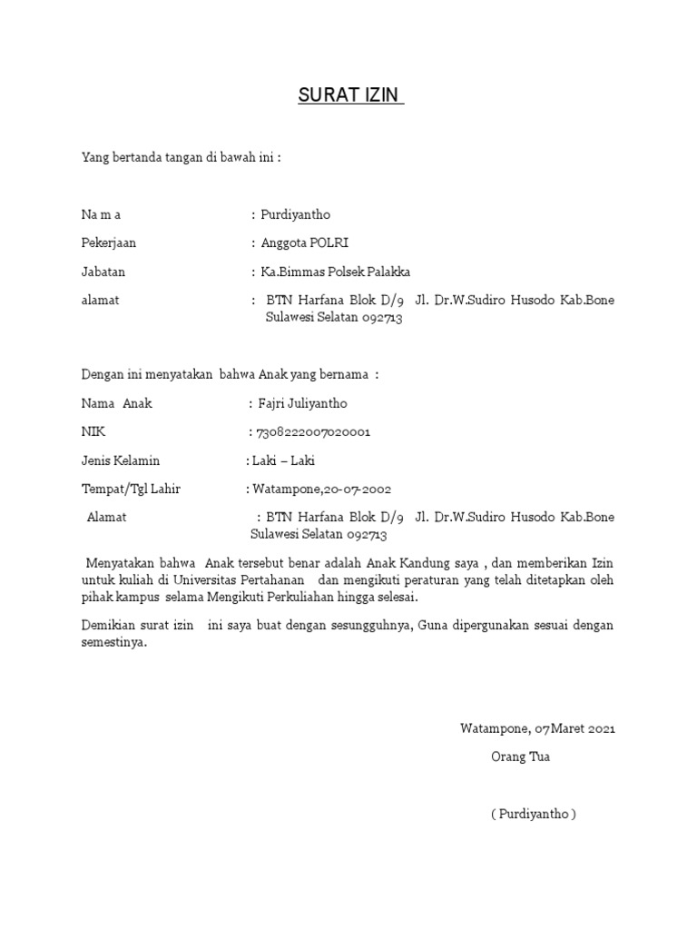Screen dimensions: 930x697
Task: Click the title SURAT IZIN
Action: tap(350, 95)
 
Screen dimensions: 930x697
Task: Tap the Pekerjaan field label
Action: tap(109, 242)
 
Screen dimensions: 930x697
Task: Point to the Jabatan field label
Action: tap(103, 272)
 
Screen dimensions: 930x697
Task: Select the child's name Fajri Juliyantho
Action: tap(303, 403)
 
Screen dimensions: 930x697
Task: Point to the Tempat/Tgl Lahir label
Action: tap(131, 489)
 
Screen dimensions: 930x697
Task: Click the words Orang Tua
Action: tap(520, 757)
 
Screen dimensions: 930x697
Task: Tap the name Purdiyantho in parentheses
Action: tap(534, 814)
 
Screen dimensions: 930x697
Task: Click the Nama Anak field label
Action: tap(116, 403)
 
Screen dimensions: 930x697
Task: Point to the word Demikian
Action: tap(108, 626)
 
